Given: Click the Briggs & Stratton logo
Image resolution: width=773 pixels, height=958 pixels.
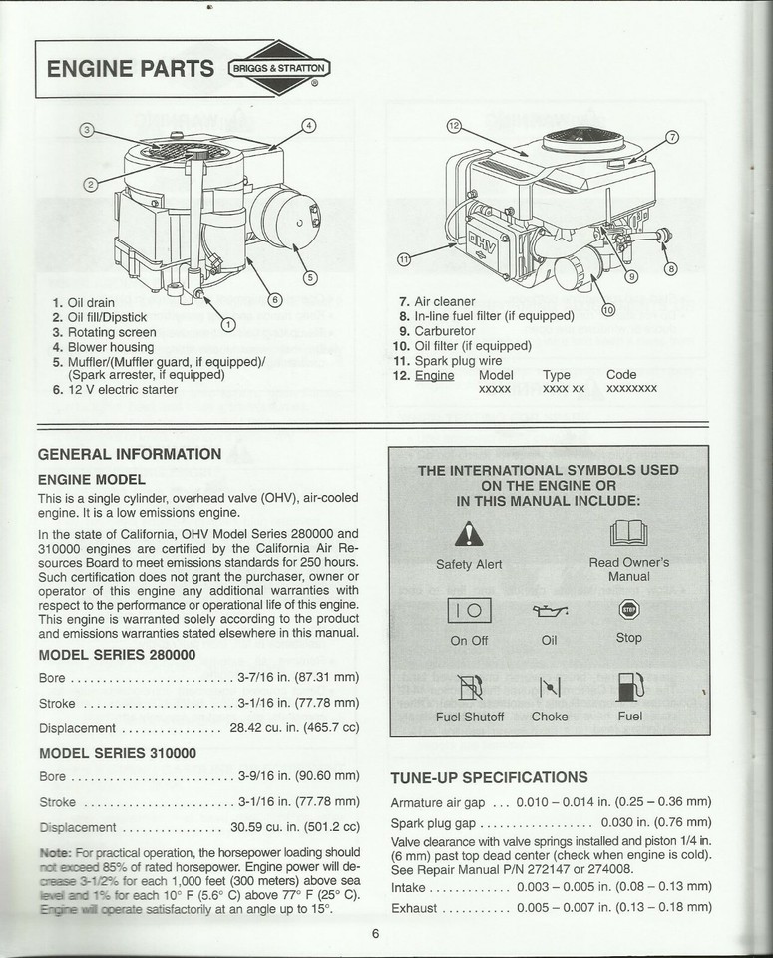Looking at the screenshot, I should [278, 69].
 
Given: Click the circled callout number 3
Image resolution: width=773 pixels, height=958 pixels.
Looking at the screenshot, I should [87, 130].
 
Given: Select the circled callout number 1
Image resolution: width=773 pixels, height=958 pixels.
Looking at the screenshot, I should [227, 323].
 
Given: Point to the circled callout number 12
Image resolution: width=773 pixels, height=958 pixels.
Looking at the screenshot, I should [454, 126].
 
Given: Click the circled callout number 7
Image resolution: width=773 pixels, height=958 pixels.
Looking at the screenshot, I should [671, 137].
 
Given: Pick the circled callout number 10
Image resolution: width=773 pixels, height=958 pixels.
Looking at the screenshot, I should [607, 309].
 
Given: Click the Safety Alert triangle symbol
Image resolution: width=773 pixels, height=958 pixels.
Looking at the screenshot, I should [469, 535].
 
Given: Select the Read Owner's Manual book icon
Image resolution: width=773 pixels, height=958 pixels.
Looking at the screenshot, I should [628, 534].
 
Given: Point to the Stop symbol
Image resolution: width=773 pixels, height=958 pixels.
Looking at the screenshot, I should [628, 610].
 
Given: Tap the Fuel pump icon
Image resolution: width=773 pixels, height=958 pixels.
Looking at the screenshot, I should [628, 688].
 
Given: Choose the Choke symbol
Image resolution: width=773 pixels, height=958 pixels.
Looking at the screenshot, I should [549, 688].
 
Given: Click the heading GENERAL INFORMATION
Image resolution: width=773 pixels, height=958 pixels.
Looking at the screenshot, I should [130, 454].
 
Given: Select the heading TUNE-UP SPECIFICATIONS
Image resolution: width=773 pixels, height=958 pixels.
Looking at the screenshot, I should [489, 777].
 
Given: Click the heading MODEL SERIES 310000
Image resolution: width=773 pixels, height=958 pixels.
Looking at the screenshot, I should [117, 753].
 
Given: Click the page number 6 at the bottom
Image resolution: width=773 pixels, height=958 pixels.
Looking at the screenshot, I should [375, 934].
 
